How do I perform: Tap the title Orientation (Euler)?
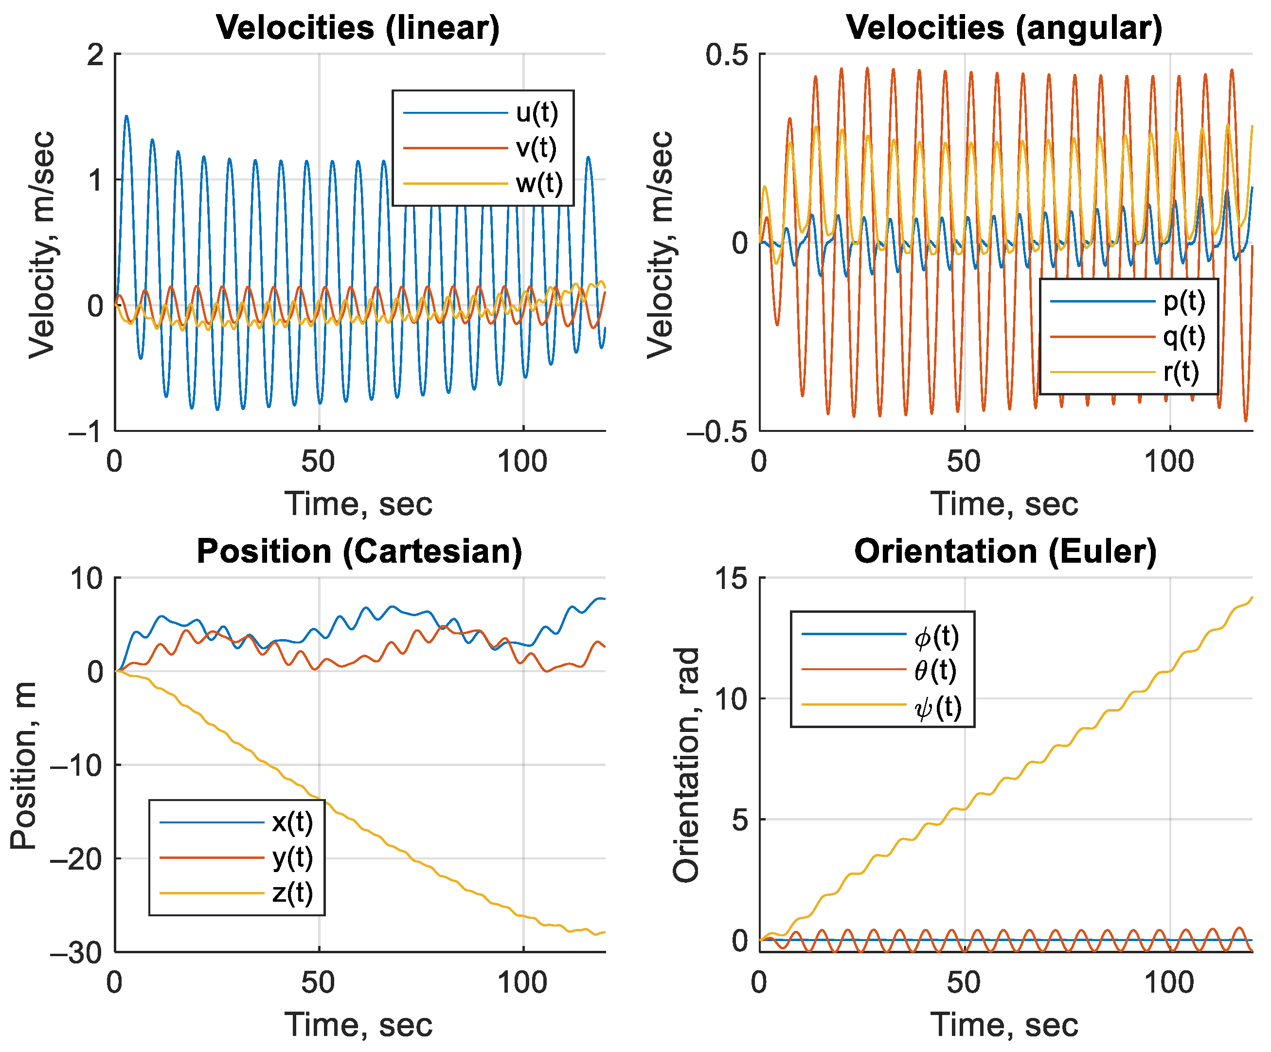pyautogui.click(x=1005, y=552)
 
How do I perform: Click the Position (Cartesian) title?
pyautogui.click(x=359, y=552)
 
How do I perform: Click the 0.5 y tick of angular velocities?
pyautogui.click(x=726, y=55)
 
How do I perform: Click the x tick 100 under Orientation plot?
pyautogui.click(x=1169, y=983)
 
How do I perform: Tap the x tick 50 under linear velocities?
pyautogui.click(x=318, y=463)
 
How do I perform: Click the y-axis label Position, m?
pyautogui.click(x=24, y=766)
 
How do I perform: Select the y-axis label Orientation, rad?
pyautogui.click(x=686, y=766)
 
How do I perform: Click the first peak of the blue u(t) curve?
pyautogui.click(x=126, y=116)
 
